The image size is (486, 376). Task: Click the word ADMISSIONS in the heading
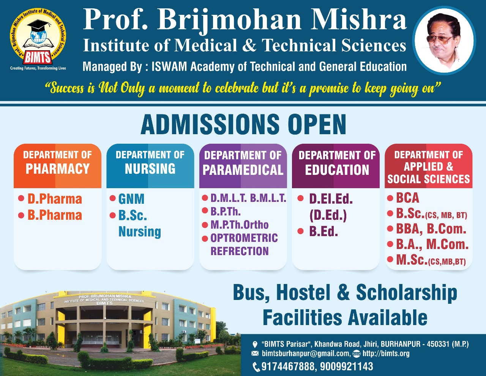(x=210, y=125)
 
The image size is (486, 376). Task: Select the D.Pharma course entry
(x=55, y=199)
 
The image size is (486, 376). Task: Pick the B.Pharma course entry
(x=55, y=215)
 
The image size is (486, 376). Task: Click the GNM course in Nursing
(x=131, y=199)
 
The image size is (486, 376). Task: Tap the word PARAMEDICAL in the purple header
(x=243, y=170)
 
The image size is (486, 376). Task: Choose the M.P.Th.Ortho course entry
(x=239, y=225)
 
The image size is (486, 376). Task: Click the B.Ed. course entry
(x=323, y=231)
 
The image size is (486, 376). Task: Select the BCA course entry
(x=407, y=198)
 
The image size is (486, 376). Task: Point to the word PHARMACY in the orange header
(x=57, y=169)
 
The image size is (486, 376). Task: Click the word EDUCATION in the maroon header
(x=337, y=170)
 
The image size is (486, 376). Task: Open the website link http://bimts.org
(x=386, y=354)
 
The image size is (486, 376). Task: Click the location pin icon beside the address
(x=254, y=344)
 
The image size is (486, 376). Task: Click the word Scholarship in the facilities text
(x=407, y=293)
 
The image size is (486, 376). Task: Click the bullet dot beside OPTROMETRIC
(x=205, y=238)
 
